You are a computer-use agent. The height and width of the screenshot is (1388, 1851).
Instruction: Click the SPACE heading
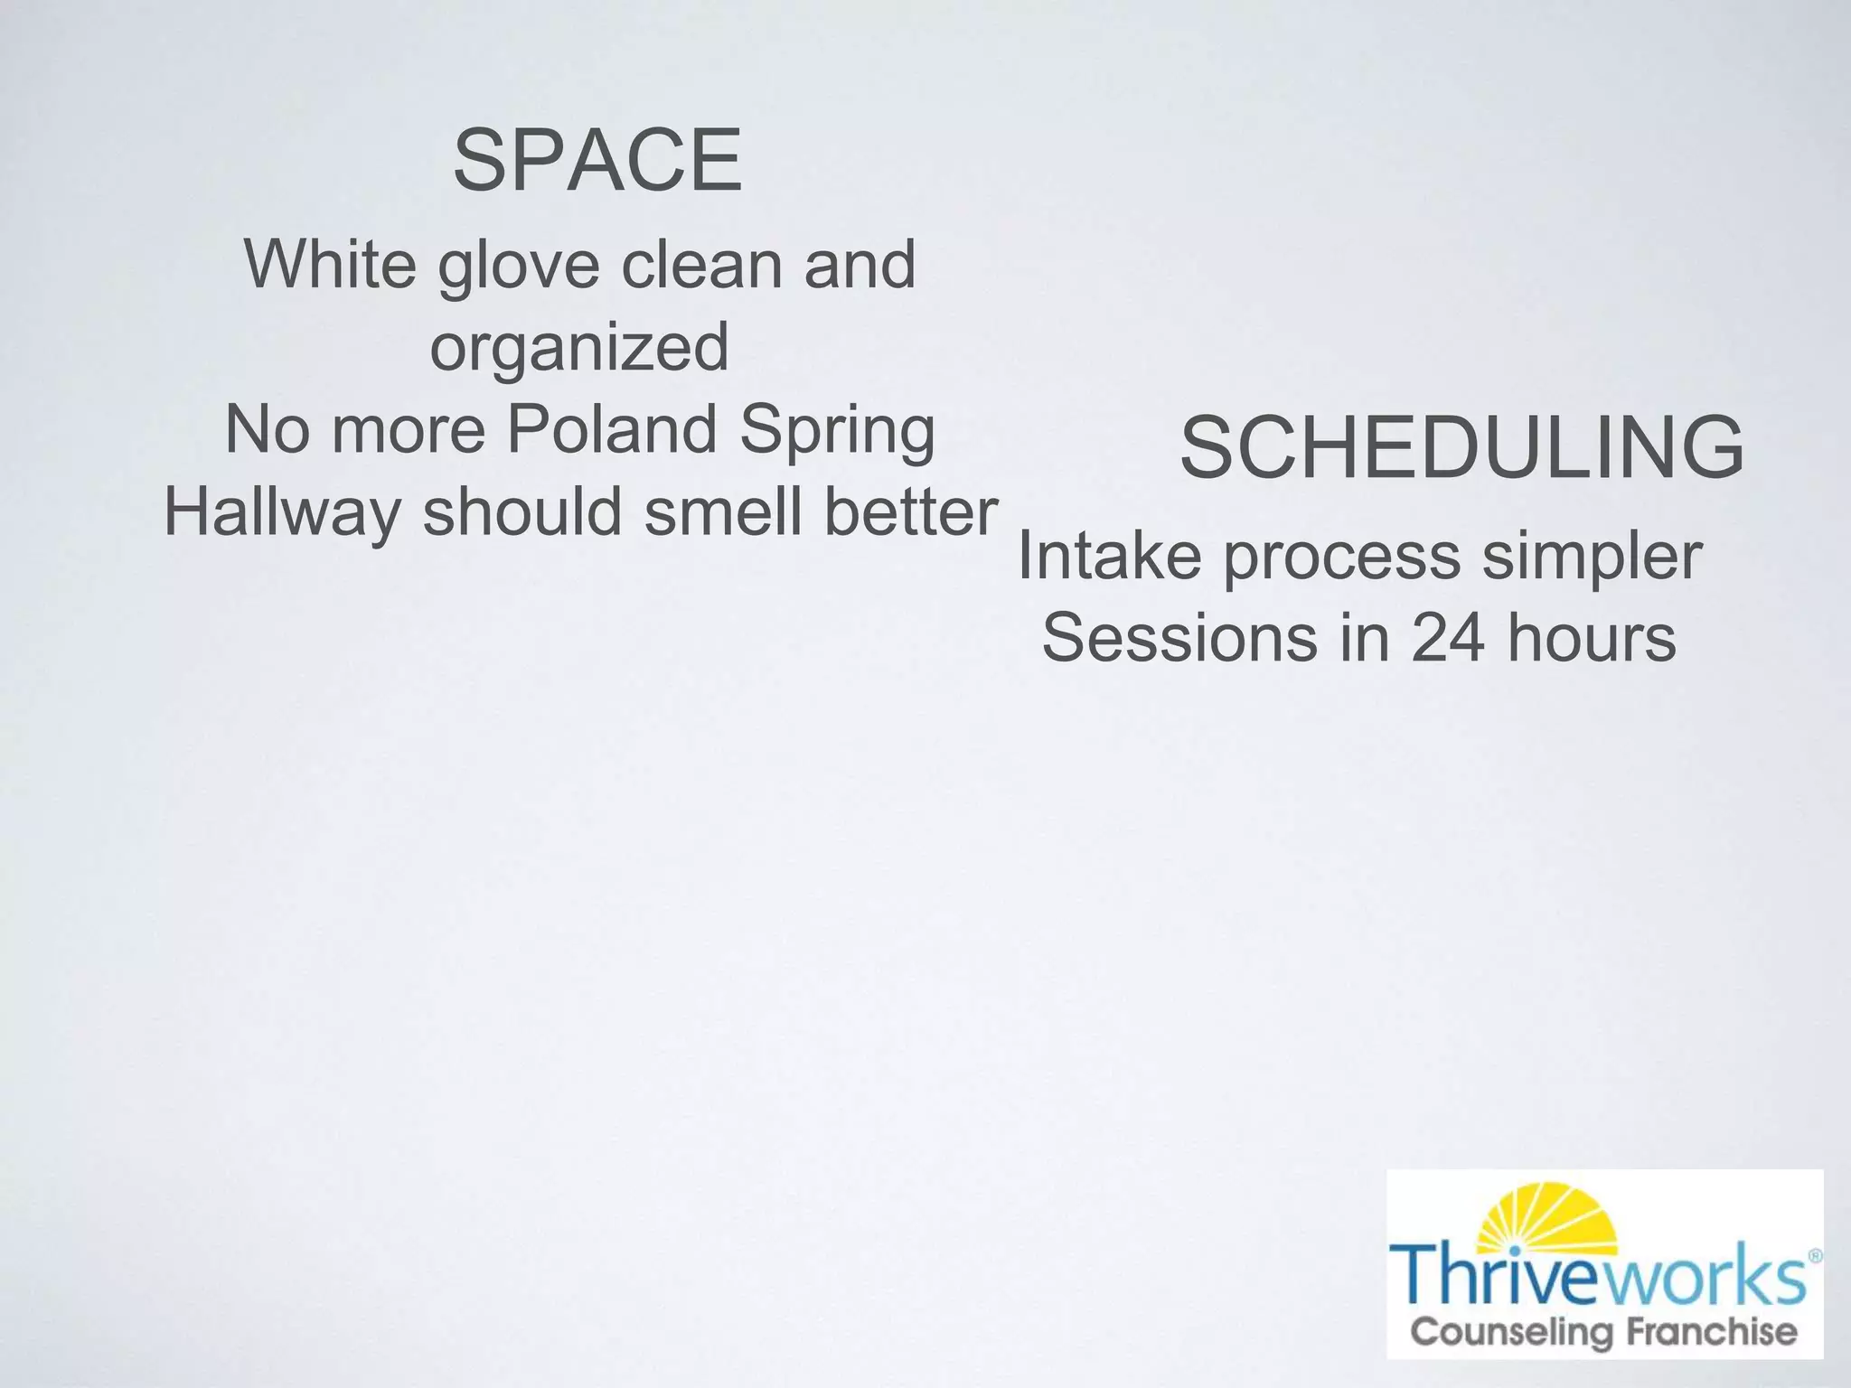(x=597, y=161)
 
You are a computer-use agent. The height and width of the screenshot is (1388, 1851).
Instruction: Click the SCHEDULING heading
(x=1461, y=447)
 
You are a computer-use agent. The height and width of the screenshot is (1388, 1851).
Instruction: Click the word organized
(x=579, y=348)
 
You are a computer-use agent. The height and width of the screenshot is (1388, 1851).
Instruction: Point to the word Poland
(x=612, y=429)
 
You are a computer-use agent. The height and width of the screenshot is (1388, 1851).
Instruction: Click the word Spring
(x=837, y=431)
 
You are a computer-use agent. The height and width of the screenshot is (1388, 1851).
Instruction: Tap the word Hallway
(x=282, y=512)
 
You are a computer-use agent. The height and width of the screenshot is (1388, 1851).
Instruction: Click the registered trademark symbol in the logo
(x=1816, y=1256)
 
